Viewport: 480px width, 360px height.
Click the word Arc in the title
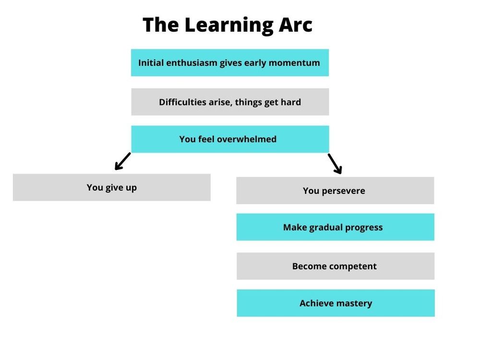tap(295, 24)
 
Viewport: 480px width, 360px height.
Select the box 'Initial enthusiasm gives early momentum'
tap(230, 62)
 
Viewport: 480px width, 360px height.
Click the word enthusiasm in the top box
tap(192, 63)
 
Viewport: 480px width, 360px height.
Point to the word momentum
tap(294, 63)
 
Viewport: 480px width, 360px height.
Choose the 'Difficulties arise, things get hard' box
tap(230, 102)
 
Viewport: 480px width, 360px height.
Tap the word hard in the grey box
tap(291, 102)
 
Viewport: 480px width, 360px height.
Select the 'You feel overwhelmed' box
tap(230, 139)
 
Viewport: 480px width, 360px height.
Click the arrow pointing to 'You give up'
tap(123, 161)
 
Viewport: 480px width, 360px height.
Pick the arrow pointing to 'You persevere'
tap(335, 164)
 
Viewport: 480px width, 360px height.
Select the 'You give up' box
tap(112, 187)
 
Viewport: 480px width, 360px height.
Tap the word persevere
tap(344, 191)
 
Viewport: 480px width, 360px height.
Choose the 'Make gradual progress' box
tap(335, 227)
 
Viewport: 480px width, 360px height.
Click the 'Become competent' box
tap(336, 266)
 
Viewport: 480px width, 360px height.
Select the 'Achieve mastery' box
tap(336, 303)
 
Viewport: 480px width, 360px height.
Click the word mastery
tap(354, 303)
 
